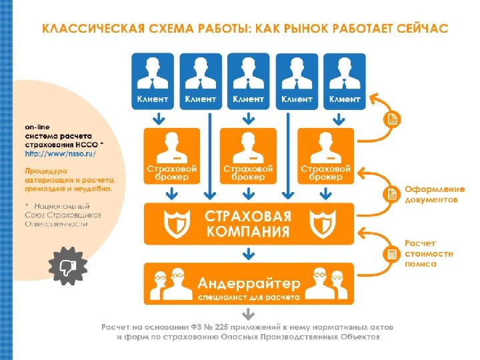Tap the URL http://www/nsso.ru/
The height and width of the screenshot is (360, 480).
tap(61, 154)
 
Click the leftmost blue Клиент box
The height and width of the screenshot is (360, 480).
tap(153, 81)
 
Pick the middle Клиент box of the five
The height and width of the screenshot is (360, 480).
tap(249, 81)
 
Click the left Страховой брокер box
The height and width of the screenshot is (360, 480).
tap(172, 155)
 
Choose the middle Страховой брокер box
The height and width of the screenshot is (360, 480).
tap(249, 155)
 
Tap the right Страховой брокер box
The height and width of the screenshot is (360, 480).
tap(326, 155)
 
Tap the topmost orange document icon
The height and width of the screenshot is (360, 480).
tap(392, 119)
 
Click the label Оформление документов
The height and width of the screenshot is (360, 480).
tap(431, 194)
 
